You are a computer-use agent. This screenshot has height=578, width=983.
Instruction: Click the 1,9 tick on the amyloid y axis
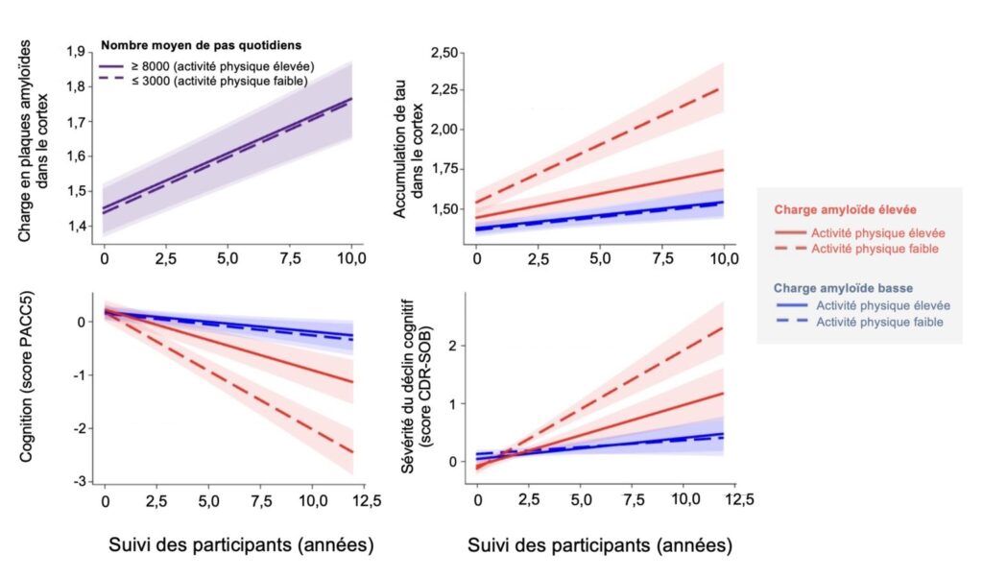click(82, 51)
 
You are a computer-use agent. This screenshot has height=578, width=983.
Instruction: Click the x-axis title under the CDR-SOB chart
click(600, 544)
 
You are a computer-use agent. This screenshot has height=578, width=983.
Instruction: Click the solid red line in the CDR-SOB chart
click(624, 424)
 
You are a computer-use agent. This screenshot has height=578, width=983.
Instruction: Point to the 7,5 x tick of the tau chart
click(662, 260)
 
